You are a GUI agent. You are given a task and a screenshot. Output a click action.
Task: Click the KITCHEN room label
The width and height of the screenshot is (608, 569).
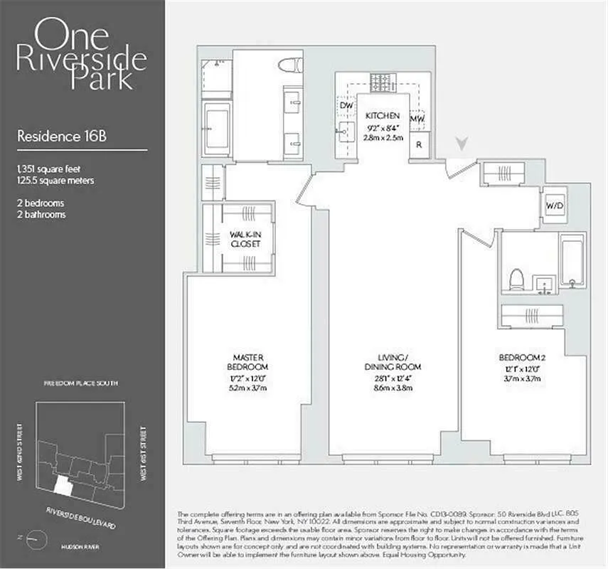(383, 116)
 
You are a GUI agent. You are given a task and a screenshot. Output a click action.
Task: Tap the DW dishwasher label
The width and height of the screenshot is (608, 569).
(346, 106)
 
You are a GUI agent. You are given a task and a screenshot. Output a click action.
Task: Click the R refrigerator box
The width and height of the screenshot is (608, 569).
(420, 142)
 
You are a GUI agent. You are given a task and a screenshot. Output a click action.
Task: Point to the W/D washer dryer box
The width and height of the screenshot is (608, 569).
(554, 206)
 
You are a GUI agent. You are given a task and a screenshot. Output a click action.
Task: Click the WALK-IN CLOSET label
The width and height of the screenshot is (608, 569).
(244, 239)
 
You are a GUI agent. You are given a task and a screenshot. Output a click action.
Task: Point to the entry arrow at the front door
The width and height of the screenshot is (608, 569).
(462, 144)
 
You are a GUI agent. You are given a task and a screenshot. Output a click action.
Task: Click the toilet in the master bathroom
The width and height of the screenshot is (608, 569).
(289, 66)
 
